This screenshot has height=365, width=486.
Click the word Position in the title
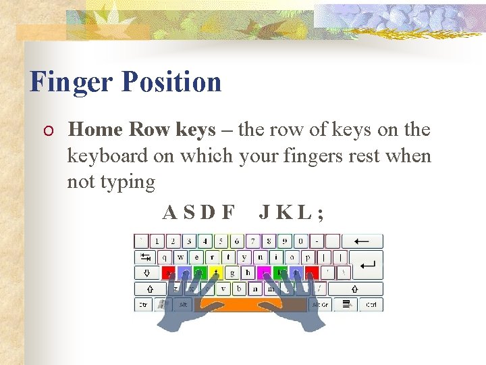coord(171,82)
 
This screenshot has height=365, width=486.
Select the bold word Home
coord(97,129)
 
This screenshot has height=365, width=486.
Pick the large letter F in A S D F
coord(229,213)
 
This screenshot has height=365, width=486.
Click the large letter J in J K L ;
coord(265,213)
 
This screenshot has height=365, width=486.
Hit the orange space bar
coord(259,305)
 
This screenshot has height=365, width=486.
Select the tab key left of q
coord(144,257)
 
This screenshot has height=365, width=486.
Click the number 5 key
coord(221,241)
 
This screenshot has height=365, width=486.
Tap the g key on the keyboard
coord(232,273)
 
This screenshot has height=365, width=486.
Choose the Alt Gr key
coord(321,305)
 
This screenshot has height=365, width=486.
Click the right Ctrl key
coord(371,305)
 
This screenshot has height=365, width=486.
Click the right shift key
coord(355,289)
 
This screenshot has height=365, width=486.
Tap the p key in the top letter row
coord(308,257)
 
